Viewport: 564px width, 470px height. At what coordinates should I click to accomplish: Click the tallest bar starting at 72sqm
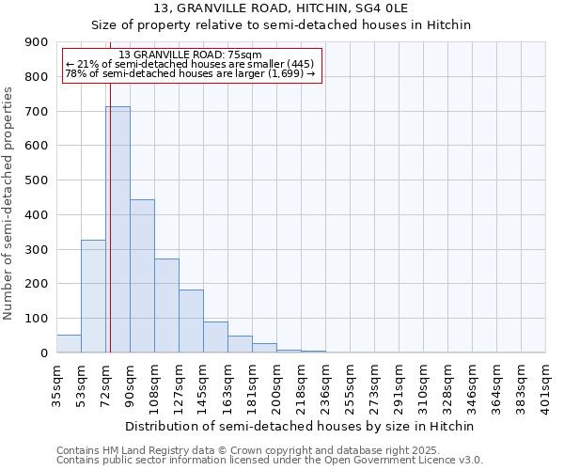tap(117, 229)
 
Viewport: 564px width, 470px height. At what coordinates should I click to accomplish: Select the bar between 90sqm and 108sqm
tap(142, 276)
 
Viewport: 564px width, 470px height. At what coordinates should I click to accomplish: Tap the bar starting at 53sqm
tap(93, 296)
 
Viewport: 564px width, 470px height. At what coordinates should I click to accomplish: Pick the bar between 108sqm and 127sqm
tap(166, 305)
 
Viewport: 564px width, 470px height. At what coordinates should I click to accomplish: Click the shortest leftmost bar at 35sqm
tap(69, 344)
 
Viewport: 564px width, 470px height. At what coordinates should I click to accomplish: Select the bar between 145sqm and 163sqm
tap(215, 337)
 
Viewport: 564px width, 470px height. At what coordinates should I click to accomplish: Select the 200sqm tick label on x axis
tap(276, 384)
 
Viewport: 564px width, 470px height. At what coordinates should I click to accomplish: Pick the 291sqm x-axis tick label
tap(399, 384)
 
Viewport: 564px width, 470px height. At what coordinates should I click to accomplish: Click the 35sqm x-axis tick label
tap(56, 384)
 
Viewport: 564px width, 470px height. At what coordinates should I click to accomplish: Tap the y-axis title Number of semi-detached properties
tap(8, 203)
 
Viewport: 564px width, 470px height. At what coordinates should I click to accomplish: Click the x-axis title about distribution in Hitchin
tap(300, 426)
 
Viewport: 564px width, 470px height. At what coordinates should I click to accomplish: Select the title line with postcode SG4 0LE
tap(300, 8)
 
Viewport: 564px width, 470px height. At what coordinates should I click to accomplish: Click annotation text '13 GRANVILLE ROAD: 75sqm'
tap(191, 55)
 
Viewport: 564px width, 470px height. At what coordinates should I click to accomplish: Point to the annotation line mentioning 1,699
tap(191, 73)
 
